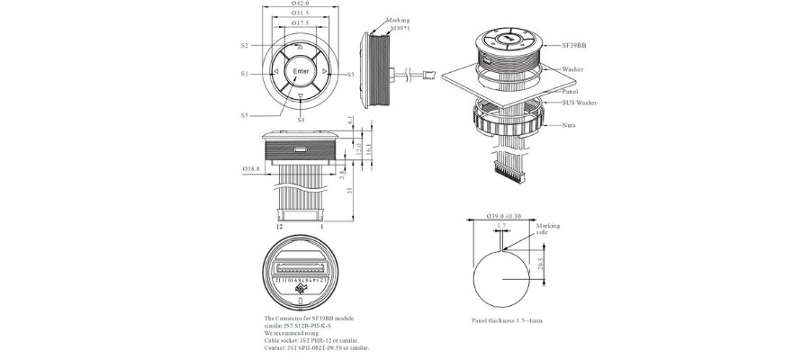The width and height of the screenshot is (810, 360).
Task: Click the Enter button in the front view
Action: click(x=301, y=71)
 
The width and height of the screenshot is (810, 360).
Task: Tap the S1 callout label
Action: click(x=245, y=74)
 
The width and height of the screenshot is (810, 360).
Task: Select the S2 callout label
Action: click(x=245, y=45)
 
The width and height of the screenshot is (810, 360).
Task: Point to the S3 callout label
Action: click(x=350, y=74)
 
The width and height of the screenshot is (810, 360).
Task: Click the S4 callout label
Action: click(x=301, y=120)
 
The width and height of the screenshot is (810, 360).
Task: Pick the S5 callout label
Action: click(x=245, y=115)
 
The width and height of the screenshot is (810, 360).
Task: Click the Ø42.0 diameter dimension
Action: click(x=301, y=4)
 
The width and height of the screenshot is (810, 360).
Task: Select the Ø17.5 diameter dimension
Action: click(x=301, y=24)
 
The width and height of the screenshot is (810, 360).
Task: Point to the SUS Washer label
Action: click(x=580, y=103)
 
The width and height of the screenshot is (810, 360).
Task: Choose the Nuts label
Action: click(x=569, y=125)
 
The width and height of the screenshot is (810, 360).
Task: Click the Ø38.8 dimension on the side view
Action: click(x=251, y=168)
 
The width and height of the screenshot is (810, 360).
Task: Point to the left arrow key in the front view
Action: click(x=275, y=72)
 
